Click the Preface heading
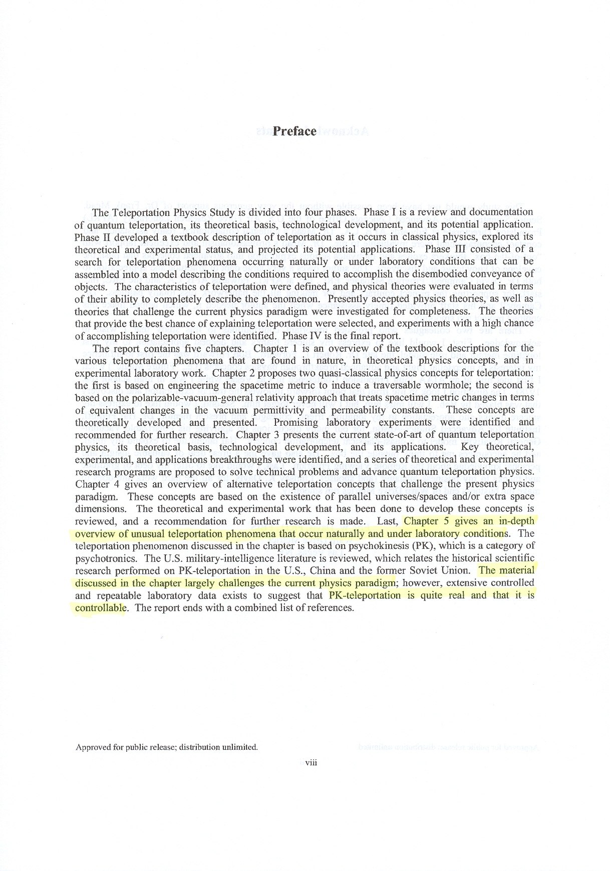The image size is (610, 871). pos(294,131)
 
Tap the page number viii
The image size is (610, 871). pos(312,763)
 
